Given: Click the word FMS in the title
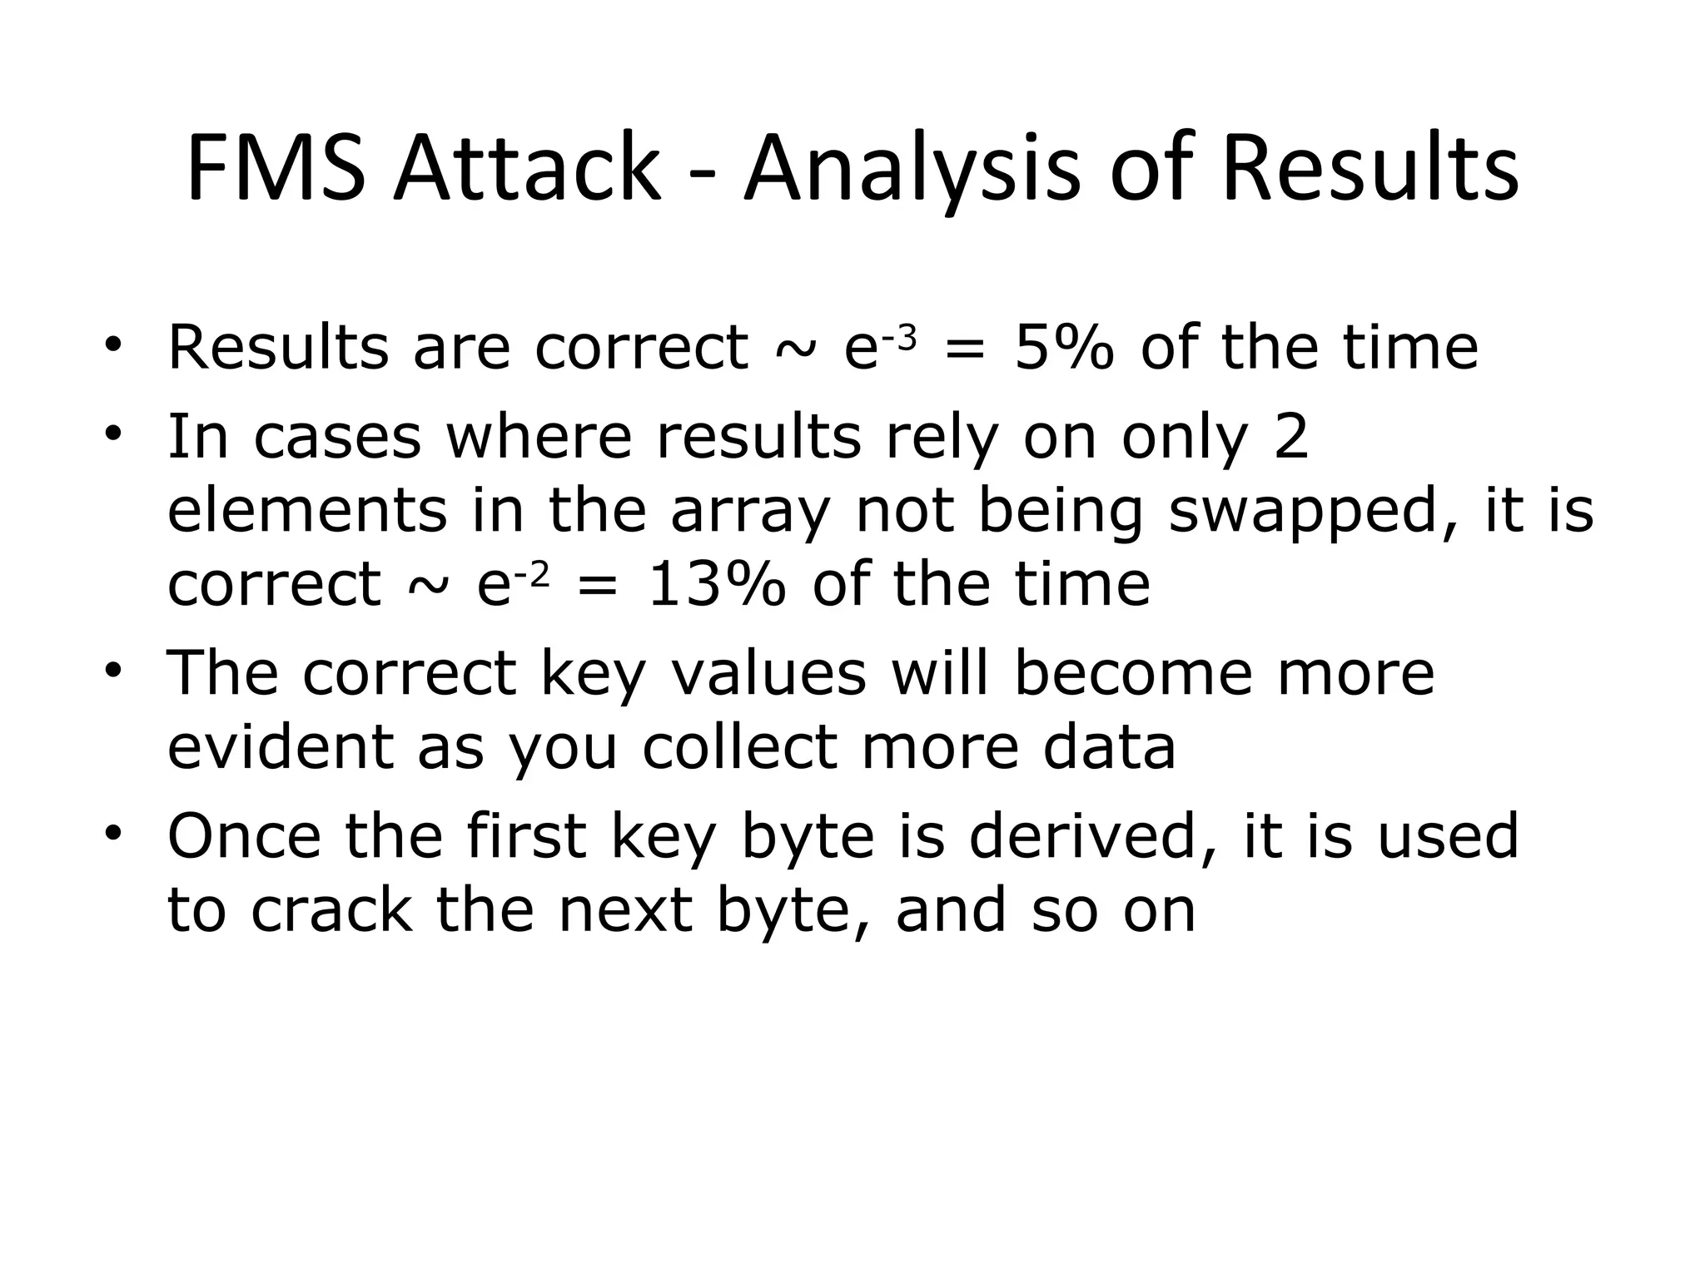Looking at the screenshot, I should tap(276, 168).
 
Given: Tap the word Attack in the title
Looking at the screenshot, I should tap(527, 168).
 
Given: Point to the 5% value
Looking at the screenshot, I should tap(1064, 347).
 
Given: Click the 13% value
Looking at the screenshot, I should tap(716, 585).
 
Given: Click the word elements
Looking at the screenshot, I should tap(307, 510).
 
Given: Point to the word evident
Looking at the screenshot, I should tap(281, 746).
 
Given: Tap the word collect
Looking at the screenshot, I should tap(739, 746).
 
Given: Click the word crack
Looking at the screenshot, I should tap(331, 910).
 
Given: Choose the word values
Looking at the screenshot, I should tap(768, 672).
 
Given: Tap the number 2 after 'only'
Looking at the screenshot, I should tap(1290, 436).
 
